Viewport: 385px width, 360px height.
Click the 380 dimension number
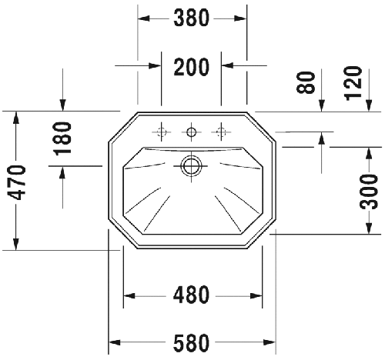coord(192,19)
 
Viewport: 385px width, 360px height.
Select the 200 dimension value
coord(192,68)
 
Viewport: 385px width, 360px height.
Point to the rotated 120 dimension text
coord(352,81)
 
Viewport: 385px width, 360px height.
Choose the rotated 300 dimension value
coord(370,192)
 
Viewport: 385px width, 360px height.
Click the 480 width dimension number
coord(192,295)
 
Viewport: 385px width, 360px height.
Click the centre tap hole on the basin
coord(192,132)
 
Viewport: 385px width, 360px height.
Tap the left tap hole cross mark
coord(162,132)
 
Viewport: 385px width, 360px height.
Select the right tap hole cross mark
coord(222,132)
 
